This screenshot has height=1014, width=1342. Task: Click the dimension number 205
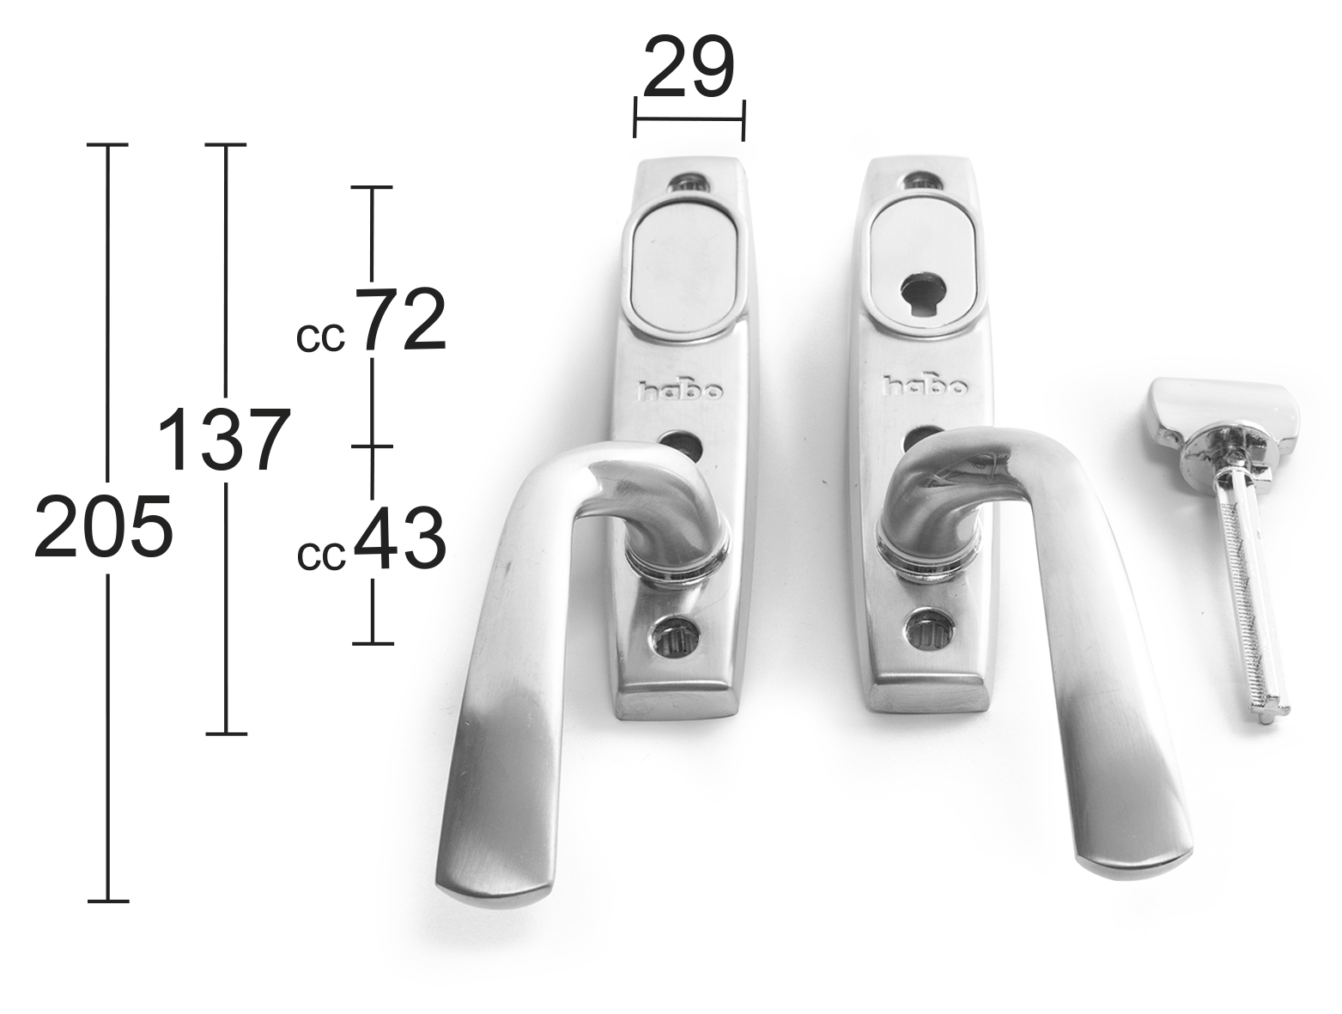click(103, 526)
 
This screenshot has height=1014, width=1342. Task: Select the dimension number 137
click(223, 440)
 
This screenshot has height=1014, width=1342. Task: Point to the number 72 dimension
click(400, 319)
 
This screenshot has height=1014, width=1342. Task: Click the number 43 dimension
click(400, 537)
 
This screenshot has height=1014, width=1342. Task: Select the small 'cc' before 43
click(322, 556)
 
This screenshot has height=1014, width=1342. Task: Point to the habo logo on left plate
click(681, 391)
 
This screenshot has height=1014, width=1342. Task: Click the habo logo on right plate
click(926, 386)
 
